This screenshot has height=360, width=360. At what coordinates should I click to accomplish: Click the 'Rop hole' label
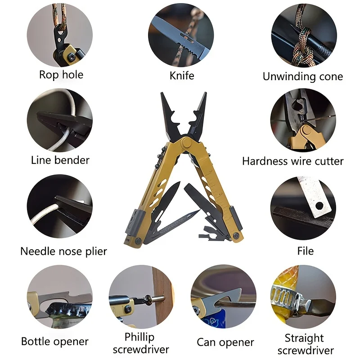tap(61, 74)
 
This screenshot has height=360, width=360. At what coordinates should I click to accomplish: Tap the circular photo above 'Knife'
tap(182, 35)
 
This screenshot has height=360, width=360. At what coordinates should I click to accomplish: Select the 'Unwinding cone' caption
tap(303, 76)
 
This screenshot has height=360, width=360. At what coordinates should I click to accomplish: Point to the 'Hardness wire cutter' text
tap(292, 161)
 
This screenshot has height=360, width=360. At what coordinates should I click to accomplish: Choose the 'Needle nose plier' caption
tap(63, 251)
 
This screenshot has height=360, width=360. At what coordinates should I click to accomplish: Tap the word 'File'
tap(306, 251)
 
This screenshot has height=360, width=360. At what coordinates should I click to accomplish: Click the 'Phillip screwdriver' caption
tap(141, 343)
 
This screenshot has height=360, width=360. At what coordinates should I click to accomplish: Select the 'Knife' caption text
tap(182, 75)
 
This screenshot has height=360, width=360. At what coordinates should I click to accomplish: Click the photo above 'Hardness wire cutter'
tap(303, 121)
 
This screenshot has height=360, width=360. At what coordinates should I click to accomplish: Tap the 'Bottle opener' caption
tap(55, 342)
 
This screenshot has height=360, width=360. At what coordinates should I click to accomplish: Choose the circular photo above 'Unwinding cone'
tap(303, 35)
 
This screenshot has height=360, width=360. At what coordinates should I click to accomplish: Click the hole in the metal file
tap(319, 205)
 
